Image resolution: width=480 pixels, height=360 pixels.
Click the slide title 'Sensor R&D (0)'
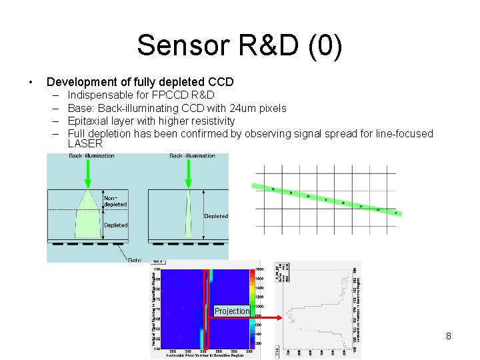[x=240, y=45]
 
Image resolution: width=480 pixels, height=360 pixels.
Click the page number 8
[x=449, y=336]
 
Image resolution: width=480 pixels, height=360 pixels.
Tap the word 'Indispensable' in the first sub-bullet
[x=99, y=95]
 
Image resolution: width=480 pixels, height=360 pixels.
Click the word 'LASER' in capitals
[x=85, y=143]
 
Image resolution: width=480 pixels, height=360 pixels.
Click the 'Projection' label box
[x=232, y=311]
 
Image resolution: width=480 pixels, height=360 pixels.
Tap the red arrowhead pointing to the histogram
[x=278, y=318]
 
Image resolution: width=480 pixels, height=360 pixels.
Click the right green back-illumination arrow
[x=189, y=174]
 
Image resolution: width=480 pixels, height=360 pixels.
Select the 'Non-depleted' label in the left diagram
[x=114, y=201]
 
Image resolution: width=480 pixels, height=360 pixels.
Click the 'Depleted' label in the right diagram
[x=215, y=216]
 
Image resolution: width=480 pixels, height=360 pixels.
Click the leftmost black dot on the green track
[x=273, y=189]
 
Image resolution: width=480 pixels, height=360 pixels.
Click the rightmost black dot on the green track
[x=396, y=213]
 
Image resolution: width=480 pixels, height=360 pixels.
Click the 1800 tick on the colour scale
[x=257, y=269]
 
